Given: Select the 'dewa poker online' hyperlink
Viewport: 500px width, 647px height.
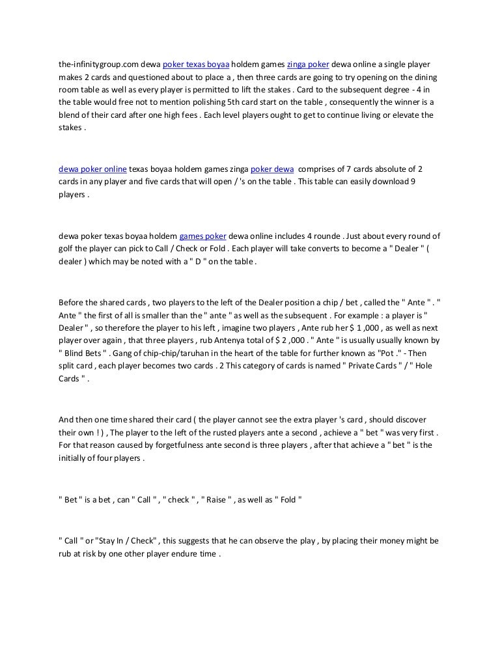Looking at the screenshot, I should pyautogui.click(x=92, y=168).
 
